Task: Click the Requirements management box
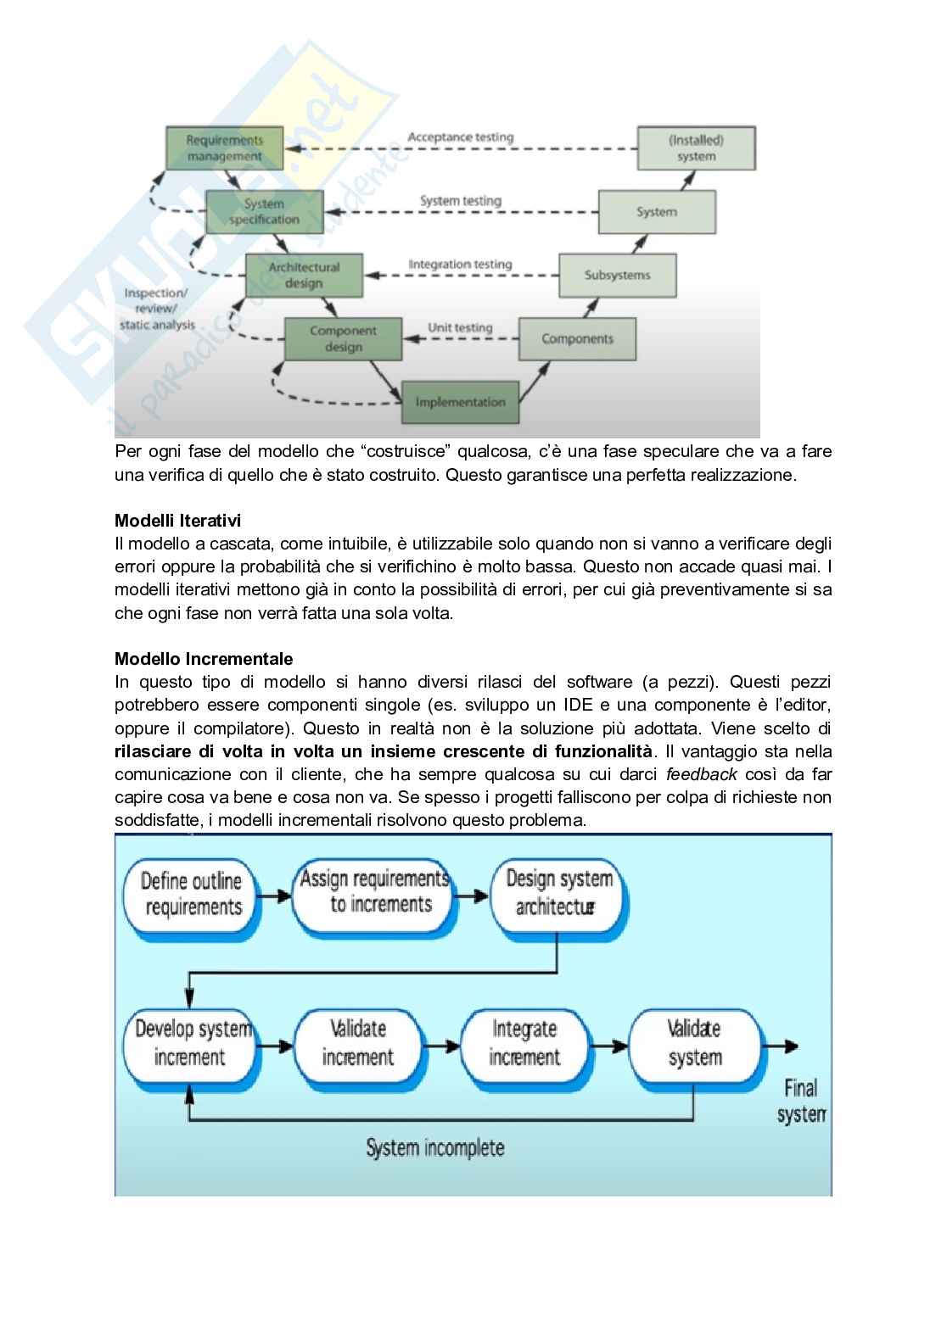pos(224,148)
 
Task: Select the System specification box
pos(264,212)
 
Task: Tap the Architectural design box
pos(304,275)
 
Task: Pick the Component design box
pos(343,338)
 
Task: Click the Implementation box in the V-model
pos(460,402)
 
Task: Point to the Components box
pos(577,338)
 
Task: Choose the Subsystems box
pos(617,275)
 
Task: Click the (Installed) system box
pos(696,148)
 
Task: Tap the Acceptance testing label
pos(461,137)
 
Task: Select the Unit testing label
pos(460,327)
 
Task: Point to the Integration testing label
pos(461,264)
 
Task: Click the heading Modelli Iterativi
pos(177,521)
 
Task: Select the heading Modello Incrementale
pos(204,659)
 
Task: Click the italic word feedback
pos(701,774)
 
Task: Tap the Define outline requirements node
pos(193,895)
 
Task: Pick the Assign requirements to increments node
pos(374,891)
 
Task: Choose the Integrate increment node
pos(524,1043)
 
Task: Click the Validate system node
pos(694,1043)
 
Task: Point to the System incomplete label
pos(435,1148)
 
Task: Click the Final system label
pos(800,1101)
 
